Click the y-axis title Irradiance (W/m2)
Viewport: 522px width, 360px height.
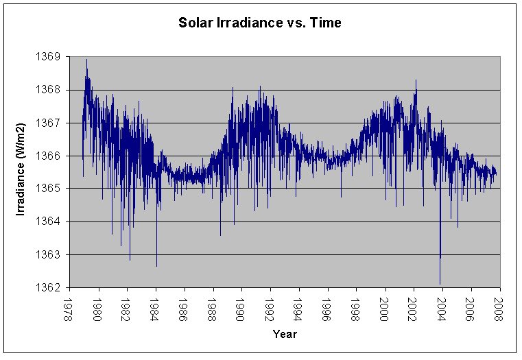[21, 171]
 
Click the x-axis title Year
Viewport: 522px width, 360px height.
[284, 334]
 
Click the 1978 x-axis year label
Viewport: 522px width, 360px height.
[69, 306]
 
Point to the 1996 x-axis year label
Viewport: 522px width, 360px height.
[328, 306]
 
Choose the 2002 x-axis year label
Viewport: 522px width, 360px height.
[414, 306]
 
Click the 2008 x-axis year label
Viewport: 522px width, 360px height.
[499, 306]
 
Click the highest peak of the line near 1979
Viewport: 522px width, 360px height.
[86, 60]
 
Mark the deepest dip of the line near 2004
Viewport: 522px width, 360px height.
[440, 283]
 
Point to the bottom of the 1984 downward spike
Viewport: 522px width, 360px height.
[156, 266]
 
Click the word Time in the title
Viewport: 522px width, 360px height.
[327, 23]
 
